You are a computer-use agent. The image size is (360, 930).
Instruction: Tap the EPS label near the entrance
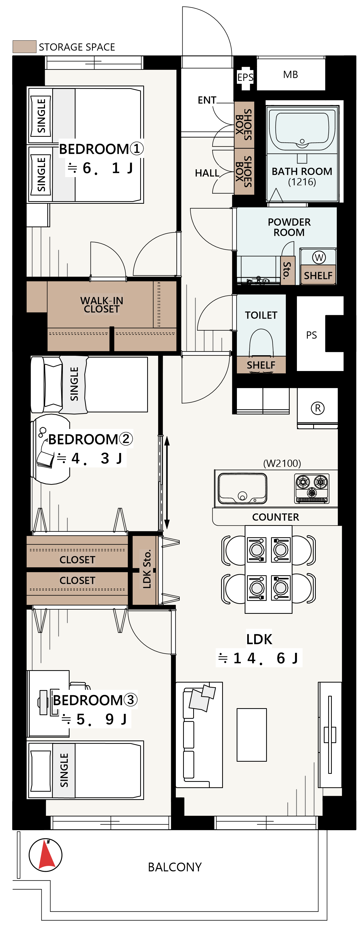pos(245,77)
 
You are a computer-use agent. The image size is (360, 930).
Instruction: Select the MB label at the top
pos(291,74)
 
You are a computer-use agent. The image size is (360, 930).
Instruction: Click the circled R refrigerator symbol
pos(318,408)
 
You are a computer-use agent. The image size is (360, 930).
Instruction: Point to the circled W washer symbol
pos(319,258)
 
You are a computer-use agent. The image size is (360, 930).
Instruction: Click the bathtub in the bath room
pos(302,130)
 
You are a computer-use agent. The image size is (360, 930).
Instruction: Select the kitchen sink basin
pos(243,488)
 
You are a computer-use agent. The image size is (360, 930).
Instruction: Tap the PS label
pos(311,335)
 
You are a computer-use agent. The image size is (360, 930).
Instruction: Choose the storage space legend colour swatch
pos(25,47)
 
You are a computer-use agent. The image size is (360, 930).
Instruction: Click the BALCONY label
pos(175,867)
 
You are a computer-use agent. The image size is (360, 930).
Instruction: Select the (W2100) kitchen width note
pos(282,463)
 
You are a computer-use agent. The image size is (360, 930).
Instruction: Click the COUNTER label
pos(275,517)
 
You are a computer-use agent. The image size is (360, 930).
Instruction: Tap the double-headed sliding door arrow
pos(167,483)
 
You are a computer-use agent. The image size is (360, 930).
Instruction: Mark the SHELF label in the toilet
pos(261,365)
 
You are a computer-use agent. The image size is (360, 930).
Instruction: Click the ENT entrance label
pos(207,100)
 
